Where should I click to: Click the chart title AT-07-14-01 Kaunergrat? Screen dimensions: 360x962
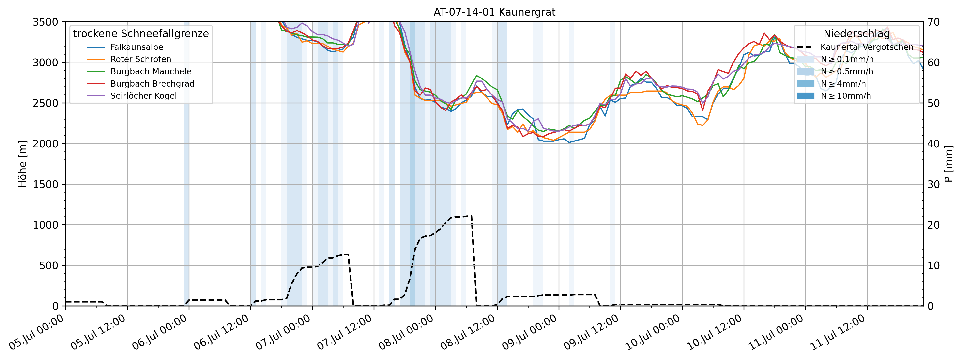point(494,12)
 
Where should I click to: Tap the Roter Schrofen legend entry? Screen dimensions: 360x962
point(140,59)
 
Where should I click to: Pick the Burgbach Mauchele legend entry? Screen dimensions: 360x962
point(151,71)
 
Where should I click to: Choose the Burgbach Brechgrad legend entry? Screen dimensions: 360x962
point(152,84)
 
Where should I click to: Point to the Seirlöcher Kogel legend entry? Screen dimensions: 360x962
point(143,96)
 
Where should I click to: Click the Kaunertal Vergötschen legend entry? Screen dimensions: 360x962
point(866,47)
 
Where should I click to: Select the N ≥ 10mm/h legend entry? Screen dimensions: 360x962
point(845,96)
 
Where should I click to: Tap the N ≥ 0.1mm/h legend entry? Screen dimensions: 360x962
point(847,59)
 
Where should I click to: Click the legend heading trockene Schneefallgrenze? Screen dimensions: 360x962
point(141,34)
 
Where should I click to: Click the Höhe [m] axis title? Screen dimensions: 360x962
point(23,164)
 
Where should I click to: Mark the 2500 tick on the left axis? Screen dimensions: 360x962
point(46,103)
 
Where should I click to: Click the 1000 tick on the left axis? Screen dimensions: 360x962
point(46,225)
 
